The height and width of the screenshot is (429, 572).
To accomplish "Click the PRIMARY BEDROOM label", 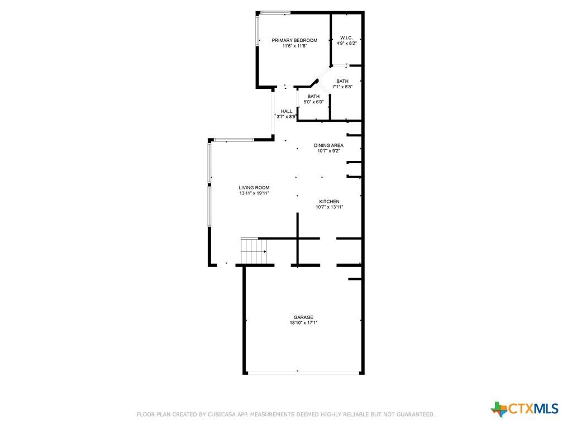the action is (294, 40).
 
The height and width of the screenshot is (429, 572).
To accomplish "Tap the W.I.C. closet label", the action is (346, 37).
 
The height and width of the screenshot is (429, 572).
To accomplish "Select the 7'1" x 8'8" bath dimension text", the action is (342, 87).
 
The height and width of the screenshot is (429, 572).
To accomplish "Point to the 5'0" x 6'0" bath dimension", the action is (313, 102).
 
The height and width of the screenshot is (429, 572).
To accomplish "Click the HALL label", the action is (287, 111).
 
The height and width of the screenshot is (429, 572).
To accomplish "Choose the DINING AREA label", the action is (328, 145).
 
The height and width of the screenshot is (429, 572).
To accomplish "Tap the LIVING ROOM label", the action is (254, 188).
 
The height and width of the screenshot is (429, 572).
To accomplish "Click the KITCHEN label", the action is (330, 201).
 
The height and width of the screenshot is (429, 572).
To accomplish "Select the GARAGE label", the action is (303, 317).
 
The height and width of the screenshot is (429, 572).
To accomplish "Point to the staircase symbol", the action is (254, 251).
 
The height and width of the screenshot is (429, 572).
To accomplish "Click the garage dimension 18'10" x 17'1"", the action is (303, 323).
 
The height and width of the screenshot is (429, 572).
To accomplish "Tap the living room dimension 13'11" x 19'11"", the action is (254, 193).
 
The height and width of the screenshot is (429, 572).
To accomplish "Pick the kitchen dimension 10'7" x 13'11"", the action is (330, 207).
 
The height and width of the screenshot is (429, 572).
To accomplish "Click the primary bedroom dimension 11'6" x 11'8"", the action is (294, 46).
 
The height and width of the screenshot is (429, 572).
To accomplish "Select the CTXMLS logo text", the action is (533, 408).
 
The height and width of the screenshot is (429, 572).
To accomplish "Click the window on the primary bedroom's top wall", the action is (275, 13).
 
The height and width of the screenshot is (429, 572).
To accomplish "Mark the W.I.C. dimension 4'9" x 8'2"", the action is (346, 43).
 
